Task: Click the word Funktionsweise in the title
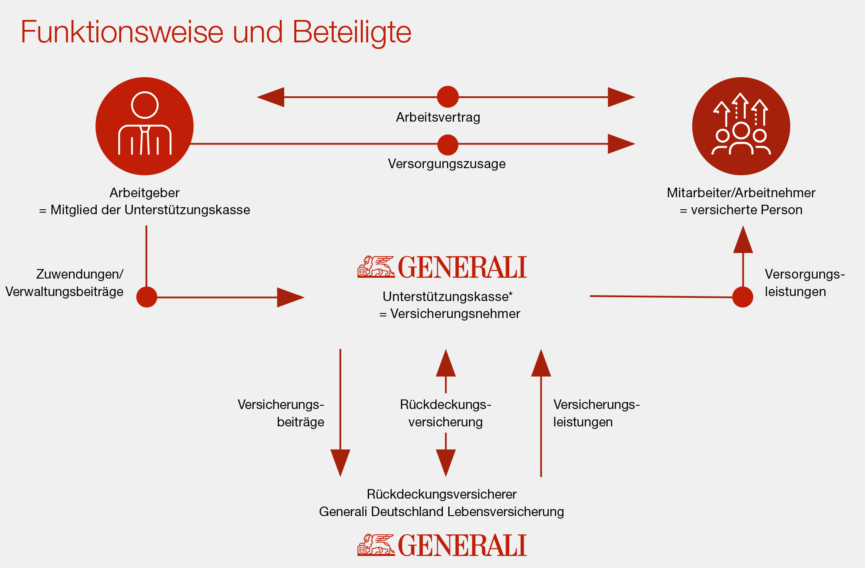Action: tap(122, 32)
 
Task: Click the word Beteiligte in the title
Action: tap(352, 32)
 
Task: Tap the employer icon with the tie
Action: tap(144, 126)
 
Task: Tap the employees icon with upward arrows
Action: tap(741, 126)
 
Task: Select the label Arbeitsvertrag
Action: tap(438, 118)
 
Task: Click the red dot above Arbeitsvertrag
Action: tap(447, 97)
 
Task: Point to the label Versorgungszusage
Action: tap(447, 164)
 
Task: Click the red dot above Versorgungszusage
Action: tap(447, 144)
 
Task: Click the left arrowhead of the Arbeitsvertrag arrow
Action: tap(271, 97)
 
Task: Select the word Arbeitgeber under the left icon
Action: tap(144, 193)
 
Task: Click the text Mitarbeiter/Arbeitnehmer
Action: tap(741, 193)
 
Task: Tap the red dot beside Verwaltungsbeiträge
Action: tap(147, 297)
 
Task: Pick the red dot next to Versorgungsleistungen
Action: tap(743, 297)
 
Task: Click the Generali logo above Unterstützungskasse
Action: tap(442, 267)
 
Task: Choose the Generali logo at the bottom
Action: tap(442, 545)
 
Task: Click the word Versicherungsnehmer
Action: tap(455, 314)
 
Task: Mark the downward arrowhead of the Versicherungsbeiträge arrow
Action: tap(340, 462)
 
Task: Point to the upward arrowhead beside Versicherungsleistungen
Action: tap(541, 364)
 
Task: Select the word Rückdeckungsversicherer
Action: tap(442, 494)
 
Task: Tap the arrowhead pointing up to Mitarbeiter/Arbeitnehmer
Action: tap(743, 240)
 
